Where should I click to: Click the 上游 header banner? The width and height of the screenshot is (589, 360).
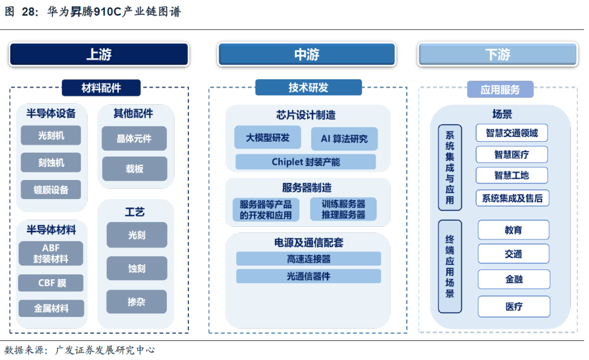click(99, 55)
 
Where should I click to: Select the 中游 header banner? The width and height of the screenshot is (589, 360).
click(306, 55)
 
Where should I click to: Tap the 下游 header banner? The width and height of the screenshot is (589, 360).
click(497, 55)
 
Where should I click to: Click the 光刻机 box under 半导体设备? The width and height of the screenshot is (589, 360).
click(51, 135)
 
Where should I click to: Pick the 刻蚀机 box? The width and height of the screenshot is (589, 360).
click(51, 163)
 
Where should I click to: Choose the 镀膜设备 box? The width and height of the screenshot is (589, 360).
click(51, 190)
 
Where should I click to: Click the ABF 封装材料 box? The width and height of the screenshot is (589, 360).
click(51, 254)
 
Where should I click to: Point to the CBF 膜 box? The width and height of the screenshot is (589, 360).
click(51, 283)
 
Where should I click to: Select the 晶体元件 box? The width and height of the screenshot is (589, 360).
click(134, 139)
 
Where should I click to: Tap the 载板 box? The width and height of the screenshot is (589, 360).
click(134, 169)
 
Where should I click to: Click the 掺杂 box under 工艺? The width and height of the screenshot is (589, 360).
click(136, 302)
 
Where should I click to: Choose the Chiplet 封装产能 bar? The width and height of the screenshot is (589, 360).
click(305, 162)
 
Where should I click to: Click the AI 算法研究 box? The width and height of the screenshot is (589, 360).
click(344, 139)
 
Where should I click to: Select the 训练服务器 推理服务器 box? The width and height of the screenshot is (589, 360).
click(343, 209)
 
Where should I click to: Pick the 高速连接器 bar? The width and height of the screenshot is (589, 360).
click(308, 259)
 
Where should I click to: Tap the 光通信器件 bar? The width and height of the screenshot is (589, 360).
click(308, 276)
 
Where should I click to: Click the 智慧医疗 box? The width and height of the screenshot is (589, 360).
click(512, 154)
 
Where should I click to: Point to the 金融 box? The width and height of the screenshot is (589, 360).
click(514, 279)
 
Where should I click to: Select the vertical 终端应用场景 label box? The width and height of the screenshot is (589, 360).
click(450, 267)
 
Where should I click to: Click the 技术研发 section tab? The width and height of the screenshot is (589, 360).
click(308, 87)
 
